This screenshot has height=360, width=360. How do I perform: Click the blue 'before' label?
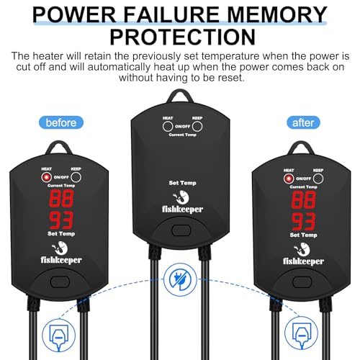tap(61, 122)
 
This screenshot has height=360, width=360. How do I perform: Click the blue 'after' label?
tap(303, 122)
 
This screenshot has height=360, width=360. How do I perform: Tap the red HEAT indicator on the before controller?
tap(46, 177)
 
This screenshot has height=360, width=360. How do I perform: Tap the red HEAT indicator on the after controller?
tap(289, 179)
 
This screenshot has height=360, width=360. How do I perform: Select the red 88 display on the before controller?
tap(61, 199)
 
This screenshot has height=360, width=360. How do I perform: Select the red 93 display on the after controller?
tap(303, 221)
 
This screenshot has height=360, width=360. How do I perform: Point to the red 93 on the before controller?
tap(61, 220)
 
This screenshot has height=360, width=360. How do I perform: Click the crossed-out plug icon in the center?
tap(180, 279)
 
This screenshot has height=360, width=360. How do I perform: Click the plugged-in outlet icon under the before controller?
tap(59, 335)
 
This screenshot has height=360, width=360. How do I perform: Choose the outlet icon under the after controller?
tap(301, 333)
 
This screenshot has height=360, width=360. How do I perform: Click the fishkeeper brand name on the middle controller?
tap(182, 210)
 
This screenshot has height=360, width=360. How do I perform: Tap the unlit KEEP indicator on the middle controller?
tap(197, 127)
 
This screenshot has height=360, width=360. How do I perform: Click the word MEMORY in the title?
tap(276, 14)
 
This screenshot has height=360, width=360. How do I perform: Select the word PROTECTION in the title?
tap(182, 37)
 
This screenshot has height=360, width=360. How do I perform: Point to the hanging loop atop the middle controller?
tap(180, 96)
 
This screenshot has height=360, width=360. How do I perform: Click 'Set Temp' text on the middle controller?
tap(182, 183)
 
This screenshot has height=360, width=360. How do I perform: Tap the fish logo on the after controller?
tap(301, 250)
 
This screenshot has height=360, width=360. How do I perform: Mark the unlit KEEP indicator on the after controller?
tap(318, 179)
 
